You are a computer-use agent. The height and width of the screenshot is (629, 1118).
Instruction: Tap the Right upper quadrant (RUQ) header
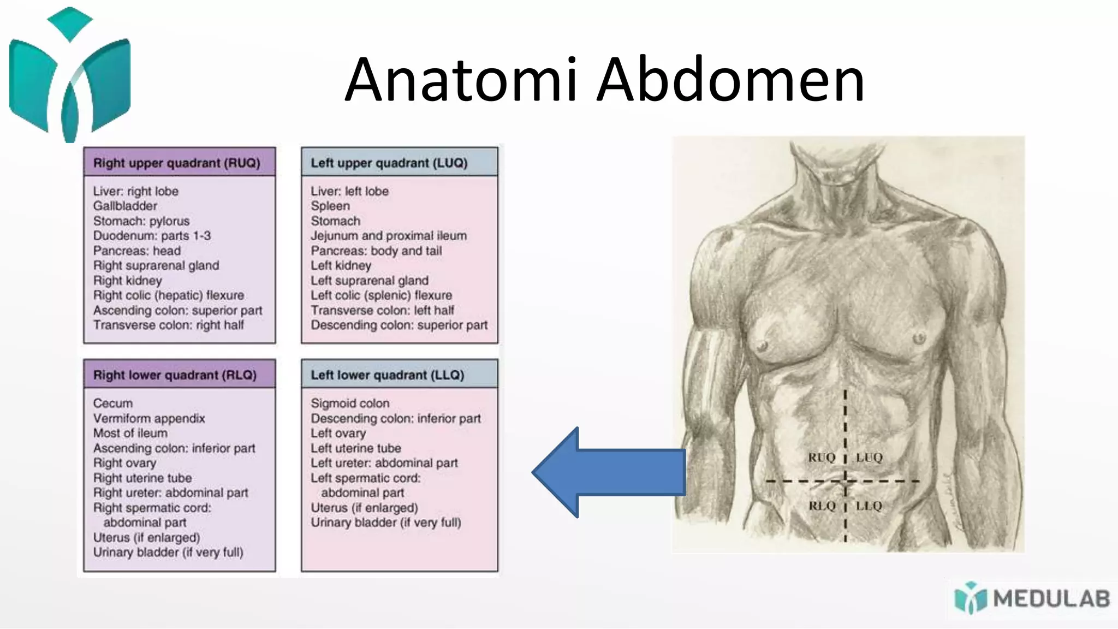[176, 163]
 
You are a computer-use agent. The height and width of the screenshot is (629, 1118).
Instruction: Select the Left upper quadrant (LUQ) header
[389, 163]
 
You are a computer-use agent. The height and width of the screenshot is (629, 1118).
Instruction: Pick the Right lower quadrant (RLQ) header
[175, 375]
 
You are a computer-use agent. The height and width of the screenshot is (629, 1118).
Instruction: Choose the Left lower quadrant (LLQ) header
[387, 375]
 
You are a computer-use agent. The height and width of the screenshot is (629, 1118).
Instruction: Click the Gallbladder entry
[125, 206]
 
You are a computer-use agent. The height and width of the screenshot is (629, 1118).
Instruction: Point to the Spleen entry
[330, 206]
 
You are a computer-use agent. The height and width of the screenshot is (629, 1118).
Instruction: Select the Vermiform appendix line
[149, 418]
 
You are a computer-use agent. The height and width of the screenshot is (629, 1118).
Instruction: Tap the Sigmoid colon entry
[350, 403]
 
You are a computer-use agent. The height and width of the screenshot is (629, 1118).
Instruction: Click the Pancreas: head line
[136, 251]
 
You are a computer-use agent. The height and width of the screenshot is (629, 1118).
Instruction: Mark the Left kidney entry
[341, 265]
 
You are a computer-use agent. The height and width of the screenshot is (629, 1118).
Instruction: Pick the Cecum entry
[113, 403]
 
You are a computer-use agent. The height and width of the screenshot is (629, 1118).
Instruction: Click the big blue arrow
[606, 472]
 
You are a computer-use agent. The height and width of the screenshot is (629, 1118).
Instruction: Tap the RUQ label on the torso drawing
[822, 458]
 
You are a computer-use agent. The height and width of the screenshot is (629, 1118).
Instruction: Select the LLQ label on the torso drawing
[869, 506]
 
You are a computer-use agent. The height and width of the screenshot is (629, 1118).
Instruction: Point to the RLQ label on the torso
[822, 506]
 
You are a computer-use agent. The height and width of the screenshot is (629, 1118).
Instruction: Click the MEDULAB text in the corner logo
[1051, 599]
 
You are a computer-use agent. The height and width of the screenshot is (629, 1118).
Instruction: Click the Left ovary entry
[338, 434]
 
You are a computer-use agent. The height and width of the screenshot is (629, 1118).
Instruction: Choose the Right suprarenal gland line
[156, 265]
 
